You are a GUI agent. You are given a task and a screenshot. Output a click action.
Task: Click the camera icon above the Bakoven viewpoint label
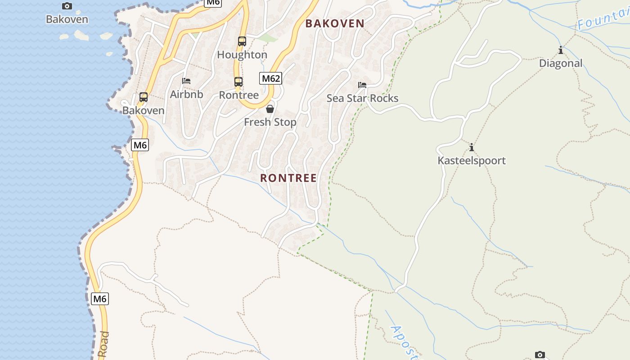[67, 6]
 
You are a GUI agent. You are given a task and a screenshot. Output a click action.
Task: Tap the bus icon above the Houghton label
[242, 41]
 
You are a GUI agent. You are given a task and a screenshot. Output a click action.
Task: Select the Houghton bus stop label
[242, 55]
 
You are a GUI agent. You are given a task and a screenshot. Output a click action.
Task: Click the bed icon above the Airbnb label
[186, 81]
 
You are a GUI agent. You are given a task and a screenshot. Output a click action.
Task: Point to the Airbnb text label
[186, 94]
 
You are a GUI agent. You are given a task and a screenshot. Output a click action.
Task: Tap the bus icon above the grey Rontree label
[238, 82]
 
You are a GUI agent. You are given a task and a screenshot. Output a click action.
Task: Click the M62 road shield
[271, 78]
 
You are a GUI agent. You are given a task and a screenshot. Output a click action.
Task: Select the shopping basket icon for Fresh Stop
[270, 109]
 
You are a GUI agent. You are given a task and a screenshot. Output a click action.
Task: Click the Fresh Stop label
[270, 122]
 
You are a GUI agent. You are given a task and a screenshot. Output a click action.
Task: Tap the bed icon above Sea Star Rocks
[362, 85]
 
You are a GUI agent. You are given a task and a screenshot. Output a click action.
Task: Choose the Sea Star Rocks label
[362, 98]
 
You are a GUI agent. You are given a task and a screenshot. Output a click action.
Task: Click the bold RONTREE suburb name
[288, 178]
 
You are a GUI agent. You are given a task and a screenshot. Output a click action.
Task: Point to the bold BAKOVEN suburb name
[335, 24]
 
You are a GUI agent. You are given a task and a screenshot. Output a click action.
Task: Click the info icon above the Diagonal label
[560, 50]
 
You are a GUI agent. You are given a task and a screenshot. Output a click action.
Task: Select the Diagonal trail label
[561, 63]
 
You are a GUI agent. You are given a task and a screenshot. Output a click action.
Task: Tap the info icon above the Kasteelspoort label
[472, 147]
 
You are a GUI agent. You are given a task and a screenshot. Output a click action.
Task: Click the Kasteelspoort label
[472, 161]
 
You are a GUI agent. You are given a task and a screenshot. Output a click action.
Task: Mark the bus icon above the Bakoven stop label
[144, 97]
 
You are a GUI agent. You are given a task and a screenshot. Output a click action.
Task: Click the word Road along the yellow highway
[103, 345]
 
